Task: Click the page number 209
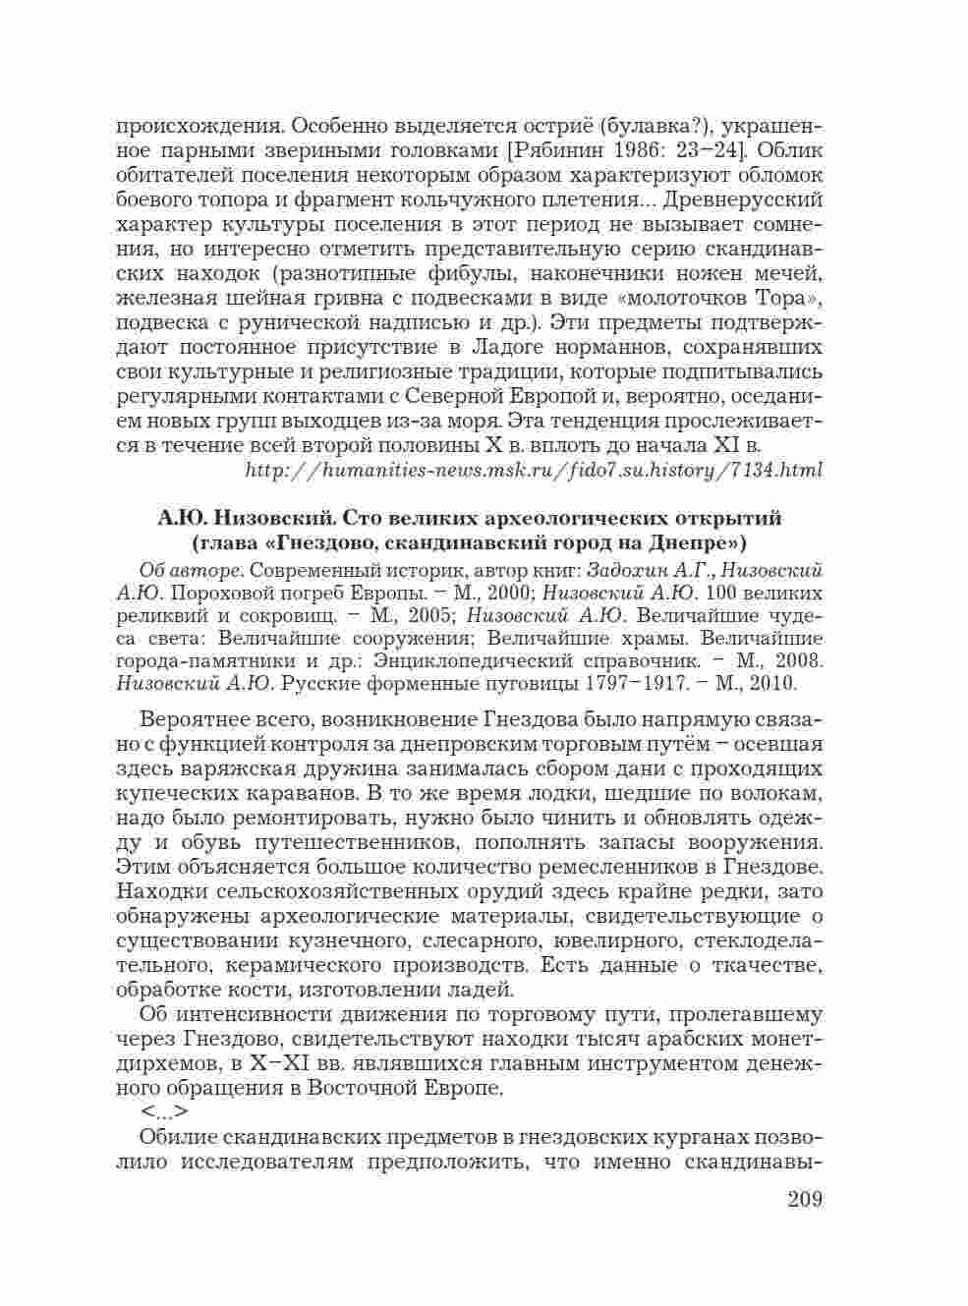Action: point(804,1200)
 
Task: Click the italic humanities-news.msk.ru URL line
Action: point(532,471)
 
